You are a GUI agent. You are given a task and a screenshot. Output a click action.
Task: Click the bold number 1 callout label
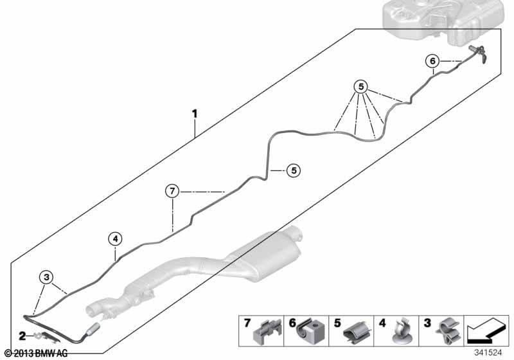coord(195,114)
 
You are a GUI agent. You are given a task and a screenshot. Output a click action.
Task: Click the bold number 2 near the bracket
coord(22,336)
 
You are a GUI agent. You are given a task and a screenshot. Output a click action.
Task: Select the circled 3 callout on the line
coord(46,277)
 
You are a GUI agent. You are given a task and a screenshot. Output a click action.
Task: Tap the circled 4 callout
coord(116,239)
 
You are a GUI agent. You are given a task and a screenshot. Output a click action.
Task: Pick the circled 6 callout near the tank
coord(432,61)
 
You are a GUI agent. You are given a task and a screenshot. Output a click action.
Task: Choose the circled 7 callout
coord(172,191)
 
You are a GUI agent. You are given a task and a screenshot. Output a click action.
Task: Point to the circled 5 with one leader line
coord(294,170)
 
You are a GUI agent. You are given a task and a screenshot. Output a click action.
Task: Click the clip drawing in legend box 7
coord(267,332)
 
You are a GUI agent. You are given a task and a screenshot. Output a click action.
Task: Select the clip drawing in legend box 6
coord(310,330)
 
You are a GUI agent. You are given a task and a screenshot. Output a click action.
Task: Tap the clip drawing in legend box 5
coord(357,332)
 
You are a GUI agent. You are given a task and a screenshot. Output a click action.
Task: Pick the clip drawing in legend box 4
coord(402,331)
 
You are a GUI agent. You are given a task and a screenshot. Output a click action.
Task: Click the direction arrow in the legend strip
coord(485,330)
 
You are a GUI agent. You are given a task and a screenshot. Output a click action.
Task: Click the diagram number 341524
coord(488,353)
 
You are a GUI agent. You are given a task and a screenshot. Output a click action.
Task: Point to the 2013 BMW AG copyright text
coord(37,354)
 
